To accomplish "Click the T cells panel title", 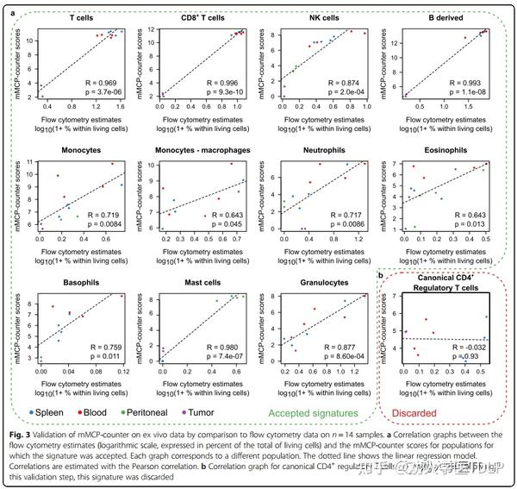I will point(83,16).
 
